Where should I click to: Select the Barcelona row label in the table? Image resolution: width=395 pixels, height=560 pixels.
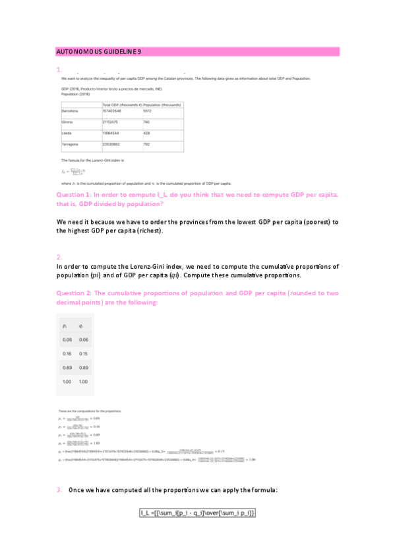point(70,111)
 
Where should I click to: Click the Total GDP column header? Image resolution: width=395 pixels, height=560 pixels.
point(121,104)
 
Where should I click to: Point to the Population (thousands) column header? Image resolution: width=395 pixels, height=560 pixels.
point(162,104)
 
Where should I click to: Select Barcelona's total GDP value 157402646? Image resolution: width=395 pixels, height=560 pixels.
point(114,111)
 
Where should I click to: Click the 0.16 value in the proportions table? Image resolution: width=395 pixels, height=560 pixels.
point(67,353)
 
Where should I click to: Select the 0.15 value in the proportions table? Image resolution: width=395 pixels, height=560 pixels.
point(83,353)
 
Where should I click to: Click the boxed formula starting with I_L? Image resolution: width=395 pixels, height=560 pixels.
point(197,512)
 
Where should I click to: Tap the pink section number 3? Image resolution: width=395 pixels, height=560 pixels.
point(59,489)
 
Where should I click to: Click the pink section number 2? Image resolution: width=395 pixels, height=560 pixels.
point(59,257)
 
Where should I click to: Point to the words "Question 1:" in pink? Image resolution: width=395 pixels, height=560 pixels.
point(74,195)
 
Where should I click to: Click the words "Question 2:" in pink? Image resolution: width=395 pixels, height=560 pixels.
point(74,293)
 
